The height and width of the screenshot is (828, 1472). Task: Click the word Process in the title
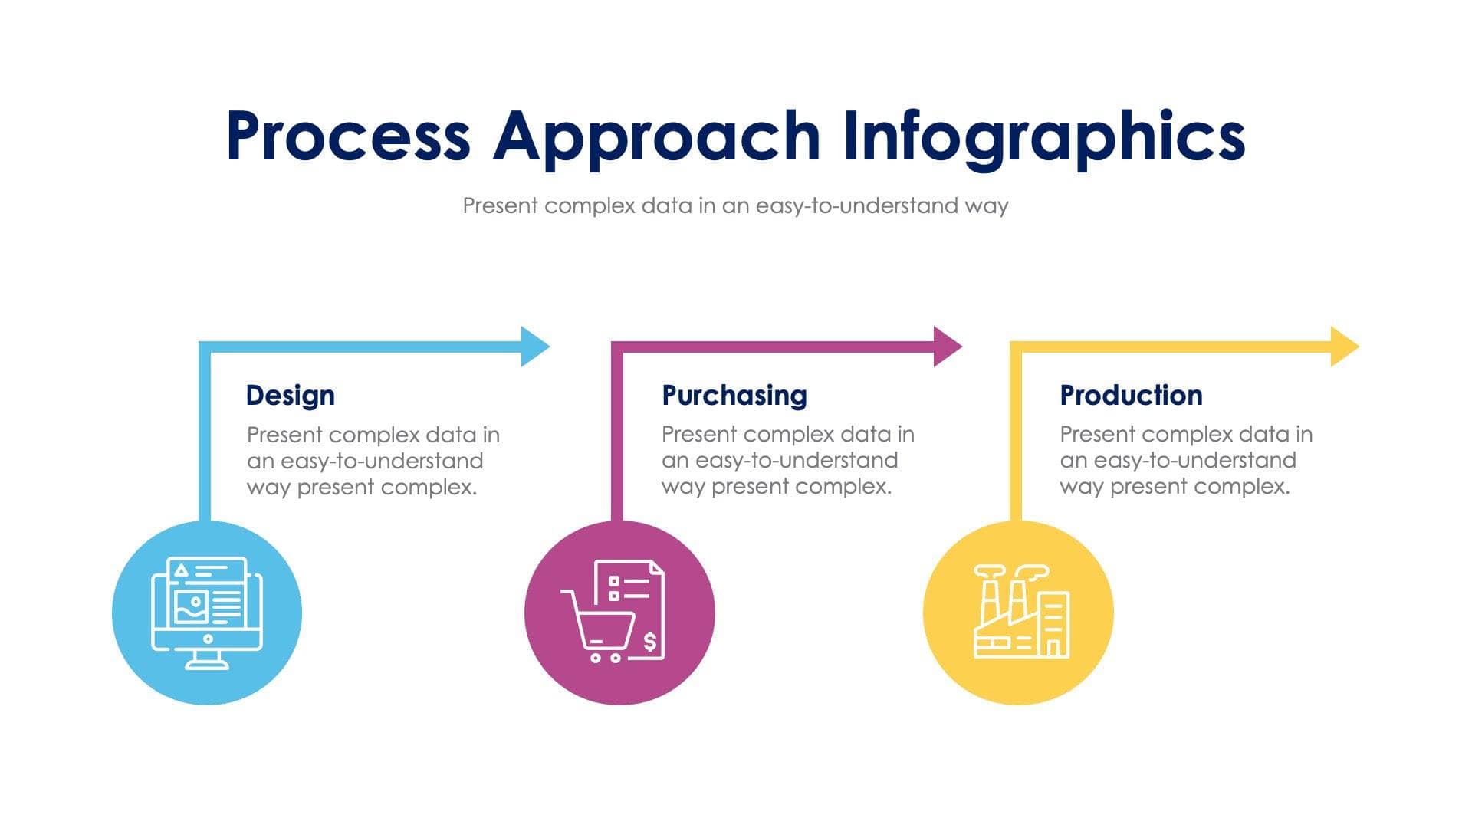[x=348, y=136]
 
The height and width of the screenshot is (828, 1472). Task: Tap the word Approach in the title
[x=656, y=138]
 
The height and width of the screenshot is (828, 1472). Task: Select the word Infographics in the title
[x=1044, y=138]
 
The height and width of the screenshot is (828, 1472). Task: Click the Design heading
[x=290, y=396]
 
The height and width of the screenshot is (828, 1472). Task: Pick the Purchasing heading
[x=734, y=396]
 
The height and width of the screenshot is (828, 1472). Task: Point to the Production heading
[x=1131, y=396]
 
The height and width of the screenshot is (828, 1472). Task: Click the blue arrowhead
[x=534, y=347]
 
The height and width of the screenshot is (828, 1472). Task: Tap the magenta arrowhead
[x=946, y=347]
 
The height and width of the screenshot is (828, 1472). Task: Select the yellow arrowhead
[x=1343, y=347]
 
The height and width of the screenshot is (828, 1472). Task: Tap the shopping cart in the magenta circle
[x=600, y=627]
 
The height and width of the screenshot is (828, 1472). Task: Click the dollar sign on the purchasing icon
[x=649, y=641]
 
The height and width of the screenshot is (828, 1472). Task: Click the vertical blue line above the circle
[x=205, y=437]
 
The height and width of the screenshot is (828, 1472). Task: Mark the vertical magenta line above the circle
[x=617, y=437]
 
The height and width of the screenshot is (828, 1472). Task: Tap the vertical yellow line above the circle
[x=1016, y=437]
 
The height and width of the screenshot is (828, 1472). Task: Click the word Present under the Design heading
[x=284, y=435]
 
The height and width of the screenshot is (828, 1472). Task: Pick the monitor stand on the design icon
[x=207, y=660]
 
